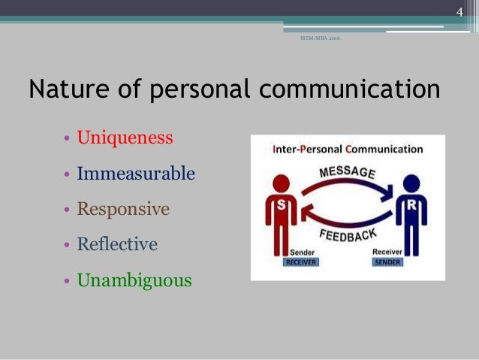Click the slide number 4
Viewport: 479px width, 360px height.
[x=460, y=11]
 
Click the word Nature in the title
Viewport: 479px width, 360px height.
[x=66, y=90]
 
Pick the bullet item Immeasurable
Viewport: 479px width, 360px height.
[x=136, y=174]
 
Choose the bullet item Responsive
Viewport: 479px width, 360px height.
[x=123, y=209]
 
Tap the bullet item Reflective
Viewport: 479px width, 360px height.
[x=117, y=244]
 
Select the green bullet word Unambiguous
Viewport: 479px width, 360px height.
[x=134, y=281]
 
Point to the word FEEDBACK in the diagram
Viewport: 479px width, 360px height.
[x=348, y=234]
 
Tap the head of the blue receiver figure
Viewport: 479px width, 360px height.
[x=411, y=183]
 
